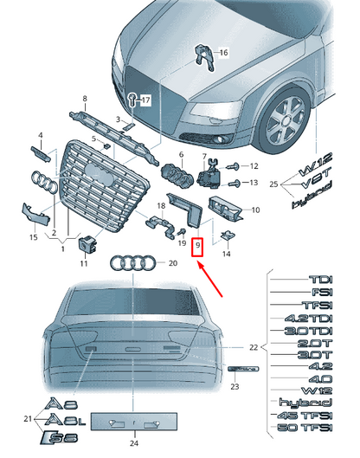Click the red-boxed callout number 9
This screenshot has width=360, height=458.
coord(198,247)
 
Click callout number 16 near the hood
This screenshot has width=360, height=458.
coord(222,53)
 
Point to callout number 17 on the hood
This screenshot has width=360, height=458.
coord(146,100)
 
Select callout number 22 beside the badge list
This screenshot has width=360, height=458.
coord(253,347)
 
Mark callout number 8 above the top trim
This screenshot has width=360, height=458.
coord(85,99)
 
